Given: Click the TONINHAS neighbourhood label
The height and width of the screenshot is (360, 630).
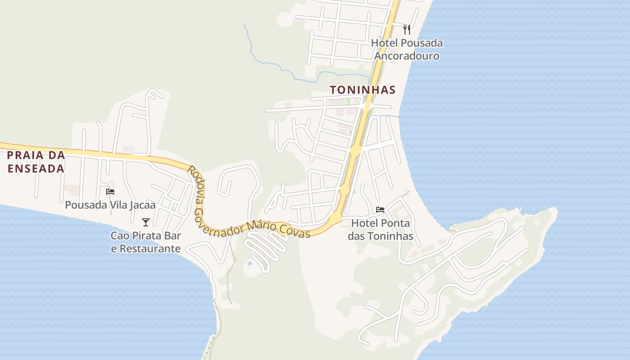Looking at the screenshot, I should click(363, 90).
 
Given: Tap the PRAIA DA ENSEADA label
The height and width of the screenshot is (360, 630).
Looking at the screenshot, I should click(36, 162).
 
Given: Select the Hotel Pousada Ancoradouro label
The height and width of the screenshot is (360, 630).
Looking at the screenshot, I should click(407, 49).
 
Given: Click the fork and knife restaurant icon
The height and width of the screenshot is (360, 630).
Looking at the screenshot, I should click(407, 30).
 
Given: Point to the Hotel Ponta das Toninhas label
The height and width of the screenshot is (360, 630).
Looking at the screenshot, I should click(381, 229).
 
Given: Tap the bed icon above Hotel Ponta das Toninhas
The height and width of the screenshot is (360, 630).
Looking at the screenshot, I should click(380, 210).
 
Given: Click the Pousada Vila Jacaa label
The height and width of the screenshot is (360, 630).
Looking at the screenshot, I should click(110, 205).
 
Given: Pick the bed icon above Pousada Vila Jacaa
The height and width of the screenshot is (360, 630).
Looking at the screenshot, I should click(110, 192).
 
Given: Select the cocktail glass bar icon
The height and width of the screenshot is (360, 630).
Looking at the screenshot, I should click(145, 222).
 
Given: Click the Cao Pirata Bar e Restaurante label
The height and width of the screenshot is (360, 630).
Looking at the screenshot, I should click(146, 242).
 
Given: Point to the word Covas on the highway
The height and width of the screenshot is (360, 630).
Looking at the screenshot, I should click(295, 231).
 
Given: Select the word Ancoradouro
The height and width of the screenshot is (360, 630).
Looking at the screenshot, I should click(407, 56).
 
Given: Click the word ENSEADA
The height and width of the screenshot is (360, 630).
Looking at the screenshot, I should click(36, 169).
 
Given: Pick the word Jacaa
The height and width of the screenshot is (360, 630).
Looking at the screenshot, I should click(141, 205).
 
